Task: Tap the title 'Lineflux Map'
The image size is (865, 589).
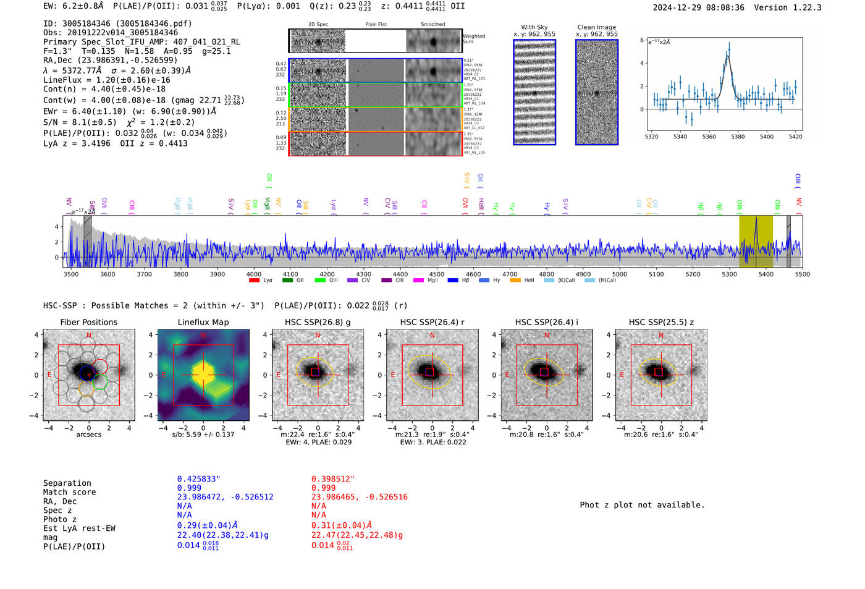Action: pyautogui.click(x=203, y=322)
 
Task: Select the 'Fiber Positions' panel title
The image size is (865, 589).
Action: pyautogui.click(x=88, y=322)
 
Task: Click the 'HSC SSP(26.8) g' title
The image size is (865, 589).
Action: pyautogui.click(x=318, y=322)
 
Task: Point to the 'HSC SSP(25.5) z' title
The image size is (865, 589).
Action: pyautogui.click(x=661, y=322)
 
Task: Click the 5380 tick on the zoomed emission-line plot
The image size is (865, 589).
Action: pyautogui.click(x=738, y=137)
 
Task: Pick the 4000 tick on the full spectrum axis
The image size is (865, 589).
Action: pyautogui.click(x=254, y=274)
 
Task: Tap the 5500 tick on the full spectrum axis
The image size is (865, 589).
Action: pyautogui.click(x=802, y=274)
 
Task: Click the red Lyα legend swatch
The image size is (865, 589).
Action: pyautogui.click(x=254, y=281)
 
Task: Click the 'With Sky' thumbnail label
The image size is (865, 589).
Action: pyautogui.click(x=534, y=27)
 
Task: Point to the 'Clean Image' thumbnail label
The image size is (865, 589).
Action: pyautogui.click(x=596, y=27)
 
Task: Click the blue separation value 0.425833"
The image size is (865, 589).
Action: pyautogui.click(x=198, y=479)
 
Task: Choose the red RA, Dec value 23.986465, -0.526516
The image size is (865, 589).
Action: pyautogui.click(x=359, y=497)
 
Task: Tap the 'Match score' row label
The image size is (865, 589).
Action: pyautogui.click(x=69, y=493)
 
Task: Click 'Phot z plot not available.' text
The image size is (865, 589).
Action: pyautogui.click(x=642, y=505)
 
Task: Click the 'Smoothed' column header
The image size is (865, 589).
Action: pyautogui.click(x=432, y=25)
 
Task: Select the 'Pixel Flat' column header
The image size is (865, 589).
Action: pyautogui.click(x=376, y=25)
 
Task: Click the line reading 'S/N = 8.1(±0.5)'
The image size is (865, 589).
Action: pyautogui.click(x=80, y=122)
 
